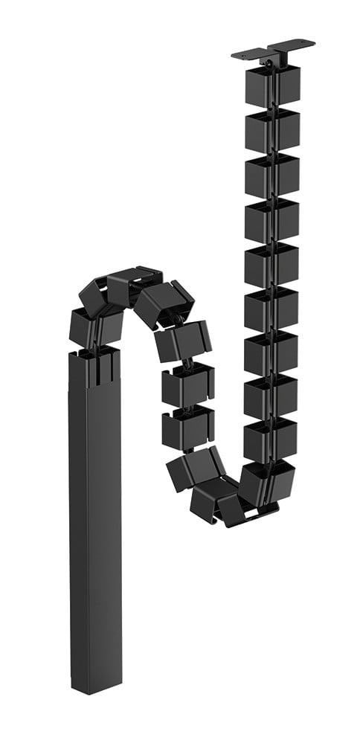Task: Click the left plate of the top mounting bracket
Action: click(250, 54)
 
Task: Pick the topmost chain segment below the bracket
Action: click(272, 85)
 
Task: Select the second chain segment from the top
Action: click(272, 130)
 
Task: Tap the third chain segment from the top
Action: click(272, 176)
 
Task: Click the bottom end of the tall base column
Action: click(97, 681)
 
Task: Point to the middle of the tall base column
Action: click(97, 521)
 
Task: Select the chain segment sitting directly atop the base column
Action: click(96, 325)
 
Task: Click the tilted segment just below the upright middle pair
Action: click(195, 469)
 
